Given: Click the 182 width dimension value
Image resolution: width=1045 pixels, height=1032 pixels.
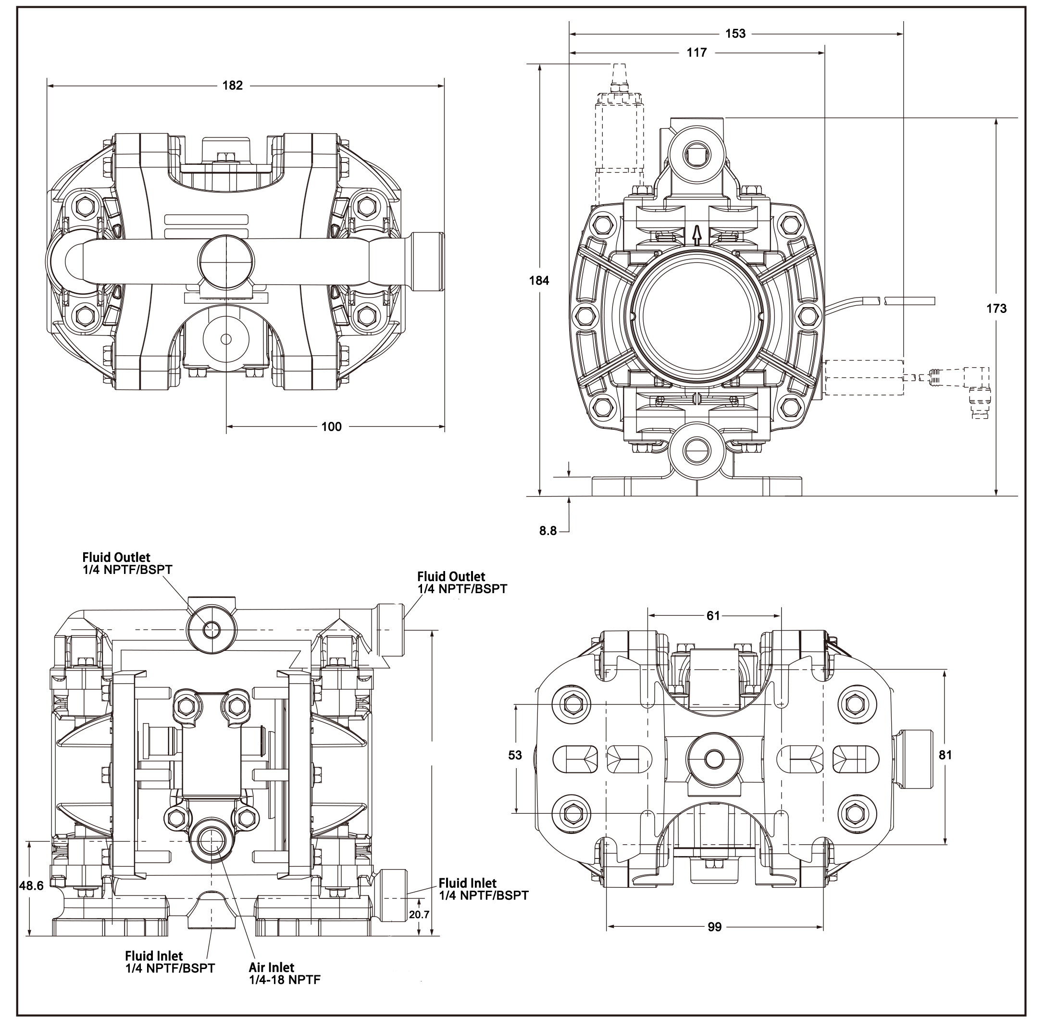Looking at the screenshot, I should pyautogui.click(x=233, y=86).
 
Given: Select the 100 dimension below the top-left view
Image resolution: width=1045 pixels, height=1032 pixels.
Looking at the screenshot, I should pyautogui.click(x=331, y=427).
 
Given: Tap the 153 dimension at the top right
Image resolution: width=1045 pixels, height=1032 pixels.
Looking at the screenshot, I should pyautogui.click(x=735, y=34).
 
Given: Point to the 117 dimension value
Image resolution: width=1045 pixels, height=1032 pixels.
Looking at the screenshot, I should pyautogui.click(x=697, y=52).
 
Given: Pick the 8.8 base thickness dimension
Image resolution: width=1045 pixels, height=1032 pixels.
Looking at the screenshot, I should pyautogui.click(x=547, y=531).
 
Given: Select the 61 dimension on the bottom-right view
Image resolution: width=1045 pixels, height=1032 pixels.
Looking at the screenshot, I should pyautogui.click(x=713, y=616).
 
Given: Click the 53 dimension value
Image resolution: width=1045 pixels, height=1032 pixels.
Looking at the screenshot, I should pyautogui.click(x=515, y=755).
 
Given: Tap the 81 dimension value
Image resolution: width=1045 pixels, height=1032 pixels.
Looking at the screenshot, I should pyautogui.click(x=945, y=755).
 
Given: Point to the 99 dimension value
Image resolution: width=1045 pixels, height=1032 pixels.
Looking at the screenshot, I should pyautogui.click(x=714, y=927).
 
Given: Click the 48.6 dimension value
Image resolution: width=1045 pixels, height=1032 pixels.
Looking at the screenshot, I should pyautogui.click(x=31, y=885).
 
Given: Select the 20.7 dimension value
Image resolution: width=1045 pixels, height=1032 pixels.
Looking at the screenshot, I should pyautogui.click(x=419, y=915).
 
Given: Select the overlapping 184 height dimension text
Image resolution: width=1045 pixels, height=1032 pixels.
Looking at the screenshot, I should pyautogui.click(x=539, y=280).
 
